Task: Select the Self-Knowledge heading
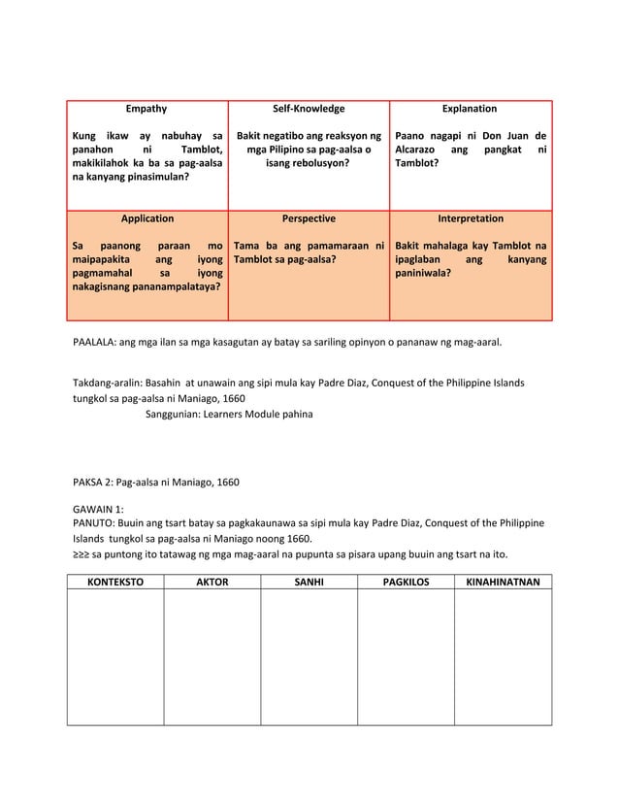(309, 110)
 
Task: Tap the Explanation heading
(470, 110)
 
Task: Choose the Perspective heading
(309, 219)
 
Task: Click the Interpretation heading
(471, 219)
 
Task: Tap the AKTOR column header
(212, 581)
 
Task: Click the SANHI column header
(309, 581)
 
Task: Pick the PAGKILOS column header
(407, 581)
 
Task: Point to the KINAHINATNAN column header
(503, 581)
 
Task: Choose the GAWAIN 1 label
(98, 508)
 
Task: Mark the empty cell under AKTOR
(212, 657)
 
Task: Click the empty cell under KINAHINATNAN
(503, 657)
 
